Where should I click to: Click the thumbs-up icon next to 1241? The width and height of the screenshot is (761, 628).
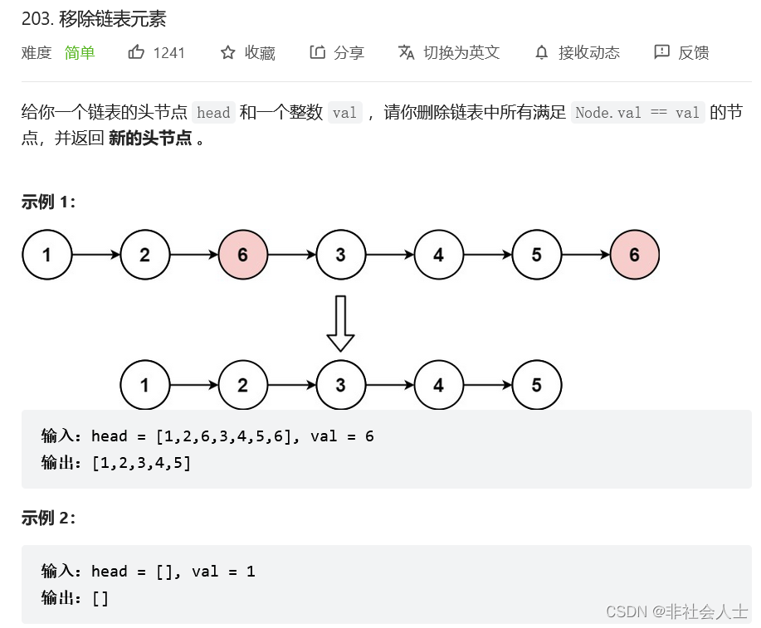pos(136,52)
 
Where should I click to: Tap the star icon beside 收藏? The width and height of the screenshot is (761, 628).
pos(227,53)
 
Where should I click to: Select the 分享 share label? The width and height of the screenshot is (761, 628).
pos(349,53)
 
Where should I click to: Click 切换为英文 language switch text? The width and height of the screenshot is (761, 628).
pos(461,53)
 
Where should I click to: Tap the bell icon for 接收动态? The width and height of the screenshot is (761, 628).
pos(542,53)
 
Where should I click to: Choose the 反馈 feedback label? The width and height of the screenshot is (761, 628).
pos(693,53)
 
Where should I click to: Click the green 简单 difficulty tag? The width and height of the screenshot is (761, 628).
pos(80,53)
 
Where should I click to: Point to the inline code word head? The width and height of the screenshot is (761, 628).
pos(213,113)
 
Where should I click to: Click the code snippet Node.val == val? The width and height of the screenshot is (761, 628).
pos(637,113)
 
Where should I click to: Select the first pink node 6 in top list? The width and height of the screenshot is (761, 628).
pos(242,255)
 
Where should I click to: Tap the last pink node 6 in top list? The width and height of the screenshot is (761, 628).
pos(634,255)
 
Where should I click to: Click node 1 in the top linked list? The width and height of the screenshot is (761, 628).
pos(46,255)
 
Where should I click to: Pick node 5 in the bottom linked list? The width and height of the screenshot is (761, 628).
pos(536,385)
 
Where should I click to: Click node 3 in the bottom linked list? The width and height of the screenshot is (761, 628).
pos(340,385)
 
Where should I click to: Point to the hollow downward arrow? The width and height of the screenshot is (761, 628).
pos(340,324)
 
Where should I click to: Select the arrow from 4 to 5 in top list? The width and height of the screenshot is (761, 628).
pos(487,255)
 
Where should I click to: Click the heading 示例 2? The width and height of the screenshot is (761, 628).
pos(48,518)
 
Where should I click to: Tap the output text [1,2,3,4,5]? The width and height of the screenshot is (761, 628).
pos(141,463)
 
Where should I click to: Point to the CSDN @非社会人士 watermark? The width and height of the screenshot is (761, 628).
pos(677,611)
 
